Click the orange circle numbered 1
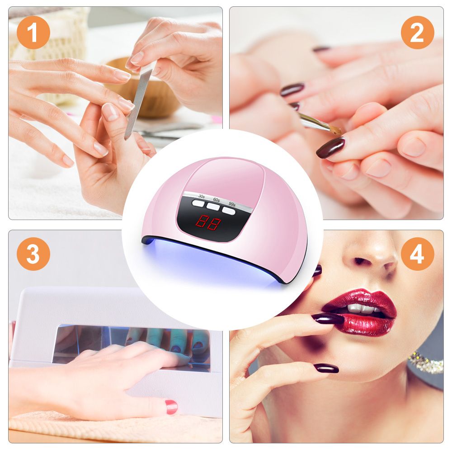click(33, 33)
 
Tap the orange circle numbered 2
click(417, 33)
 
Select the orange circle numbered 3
click(33, 254)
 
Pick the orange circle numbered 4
click(417, 254)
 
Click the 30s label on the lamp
click(201, 197)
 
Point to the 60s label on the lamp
click(216, 199)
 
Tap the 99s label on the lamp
click(232, 204)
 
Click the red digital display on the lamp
click(208, 222)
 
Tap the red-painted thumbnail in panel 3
click(171, 406)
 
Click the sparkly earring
click(426, 362)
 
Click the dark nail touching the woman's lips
click(328, 319)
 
